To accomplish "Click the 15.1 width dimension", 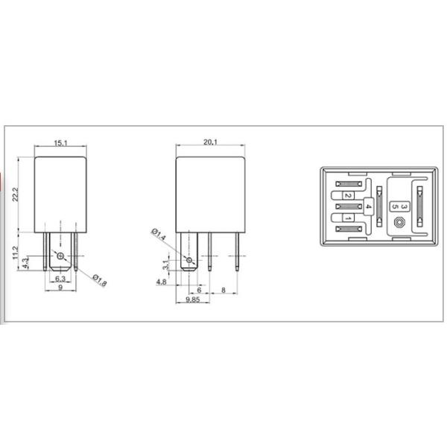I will (x=60, y=143).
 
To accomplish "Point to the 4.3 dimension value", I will (x=26, y=261).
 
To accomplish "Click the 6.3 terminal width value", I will (x=59, y=278).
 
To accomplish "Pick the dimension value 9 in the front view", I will (x=59, y=288).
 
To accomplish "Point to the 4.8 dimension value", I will (x=161, y=282).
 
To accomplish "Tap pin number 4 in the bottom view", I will (x=368, y=206).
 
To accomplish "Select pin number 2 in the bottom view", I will (x=347, y=195).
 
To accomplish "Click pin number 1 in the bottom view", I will (x=347, y=218).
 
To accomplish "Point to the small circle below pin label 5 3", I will (x=401, y=222).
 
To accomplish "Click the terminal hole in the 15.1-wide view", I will (x=60, y=261).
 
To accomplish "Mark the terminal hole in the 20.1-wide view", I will (x=190, y=260).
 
